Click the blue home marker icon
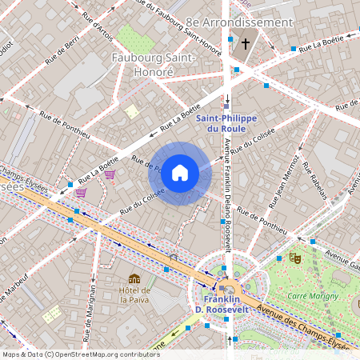point(180,173)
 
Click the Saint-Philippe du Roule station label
point(226,123)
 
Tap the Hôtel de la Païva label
point(134,294)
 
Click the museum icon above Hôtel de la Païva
point(134,278)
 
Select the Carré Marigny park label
point(309,295)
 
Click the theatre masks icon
point(294,258)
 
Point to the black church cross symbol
point(246,44)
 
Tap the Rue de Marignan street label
point(93,305)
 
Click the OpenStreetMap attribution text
point(80,354)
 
